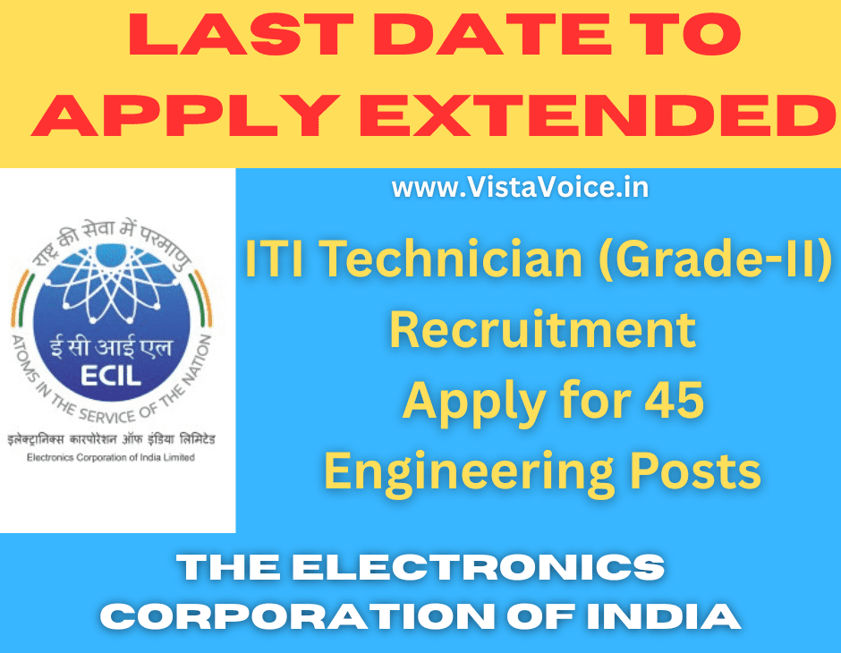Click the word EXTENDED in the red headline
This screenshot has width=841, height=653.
(598, 115)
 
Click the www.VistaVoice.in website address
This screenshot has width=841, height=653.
(521, 188)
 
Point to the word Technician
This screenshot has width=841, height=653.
(451, 259)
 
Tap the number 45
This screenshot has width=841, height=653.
(675, 400)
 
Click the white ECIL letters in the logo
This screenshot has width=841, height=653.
(111, 376)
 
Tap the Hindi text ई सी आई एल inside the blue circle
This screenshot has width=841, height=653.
(110, 347)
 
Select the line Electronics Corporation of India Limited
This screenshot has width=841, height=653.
(110, 457)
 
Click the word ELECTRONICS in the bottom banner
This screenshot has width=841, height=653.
(479, 567)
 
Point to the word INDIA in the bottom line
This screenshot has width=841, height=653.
(664, 616)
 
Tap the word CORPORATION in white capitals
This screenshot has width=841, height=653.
(297, 616)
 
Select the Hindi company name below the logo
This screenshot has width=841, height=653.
(111, 439)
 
